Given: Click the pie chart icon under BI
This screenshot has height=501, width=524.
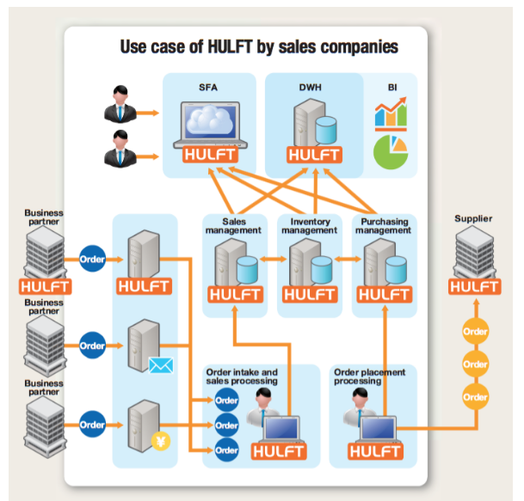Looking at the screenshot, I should tap(391, 150).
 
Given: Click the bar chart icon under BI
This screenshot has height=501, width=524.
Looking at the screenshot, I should tap(390, 113).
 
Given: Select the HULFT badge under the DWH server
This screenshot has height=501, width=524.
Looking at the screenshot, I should tap(314, 156).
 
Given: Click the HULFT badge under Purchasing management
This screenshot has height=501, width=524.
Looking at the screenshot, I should tap(383, 294).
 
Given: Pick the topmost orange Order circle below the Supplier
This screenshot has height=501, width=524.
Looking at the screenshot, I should tap(475, 331).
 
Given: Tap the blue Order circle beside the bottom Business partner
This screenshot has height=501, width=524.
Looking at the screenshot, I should tap(92, 424).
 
